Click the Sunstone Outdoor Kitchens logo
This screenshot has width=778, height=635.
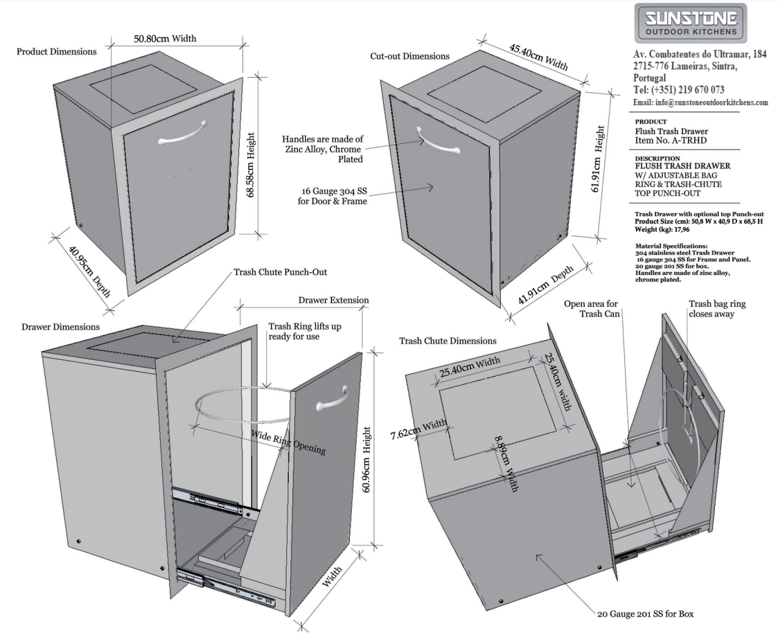click(x=691, y=23)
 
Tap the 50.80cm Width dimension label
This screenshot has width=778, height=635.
click(x=165, y=38)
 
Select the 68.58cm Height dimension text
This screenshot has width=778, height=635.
click(x=251, y=165)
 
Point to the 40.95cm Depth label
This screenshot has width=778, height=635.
click(x=90, y=273)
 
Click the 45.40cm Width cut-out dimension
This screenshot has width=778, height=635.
click(x=539, y=57)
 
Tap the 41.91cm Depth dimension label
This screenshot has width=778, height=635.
click(x=545, y=285)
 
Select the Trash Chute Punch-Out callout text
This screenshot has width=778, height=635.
click(x=281, y=272)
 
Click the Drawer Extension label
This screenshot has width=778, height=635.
click(x=333, y=300)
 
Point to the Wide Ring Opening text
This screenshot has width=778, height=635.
click(x=288, y=442)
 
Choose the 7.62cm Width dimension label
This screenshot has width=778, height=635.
click(x=418, y=430)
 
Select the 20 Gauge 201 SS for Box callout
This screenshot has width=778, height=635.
click(x=645, y=614)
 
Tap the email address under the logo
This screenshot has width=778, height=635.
click(x=700, y=102)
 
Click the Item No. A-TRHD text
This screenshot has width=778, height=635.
click(x=671, y=141)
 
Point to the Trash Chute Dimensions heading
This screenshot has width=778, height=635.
click(x=448, y=341)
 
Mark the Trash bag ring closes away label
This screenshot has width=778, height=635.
click(x=717, y=309)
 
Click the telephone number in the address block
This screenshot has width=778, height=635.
click(x=679, y=90)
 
